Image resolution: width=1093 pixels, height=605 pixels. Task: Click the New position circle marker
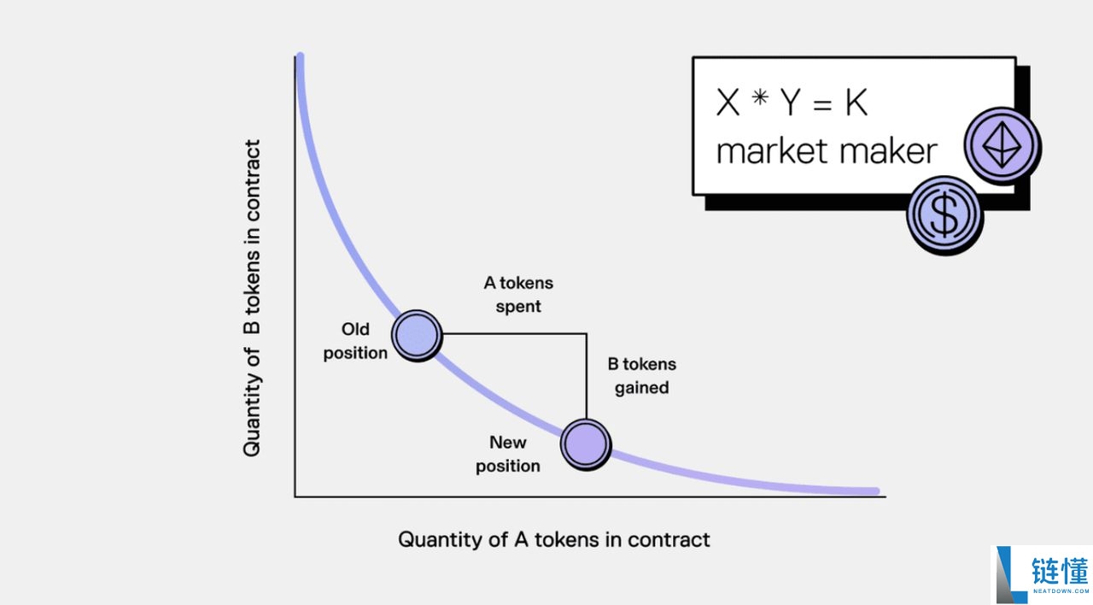click(586, 443)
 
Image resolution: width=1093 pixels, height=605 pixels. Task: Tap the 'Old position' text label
click(355, 341)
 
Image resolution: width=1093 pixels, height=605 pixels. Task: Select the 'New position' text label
click(508, 454)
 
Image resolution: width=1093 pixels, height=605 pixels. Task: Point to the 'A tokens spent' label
click(518, 294)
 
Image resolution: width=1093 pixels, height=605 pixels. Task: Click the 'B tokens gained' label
click(642, 376)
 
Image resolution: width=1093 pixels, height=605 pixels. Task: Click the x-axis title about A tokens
click(554, 540)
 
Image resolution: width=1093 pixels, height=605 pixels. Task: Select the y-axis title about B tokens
click(252, 298)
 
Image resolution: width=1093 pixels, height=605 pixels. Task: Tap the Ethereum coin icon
click(1002, 144)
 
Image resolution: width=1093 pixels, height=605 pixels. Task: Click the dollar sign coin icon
click(944, 215)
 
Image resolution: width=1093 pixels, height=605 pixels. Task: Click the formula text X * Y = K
click(792, 103)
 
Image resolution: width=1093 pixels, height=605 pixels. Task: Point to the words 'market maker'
click(827, 151)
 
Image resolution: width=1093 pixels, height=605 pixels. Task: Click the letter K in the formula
click(856, 103)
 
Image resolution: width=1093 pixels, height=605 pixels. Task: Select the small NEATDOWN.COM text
click(1060, 591)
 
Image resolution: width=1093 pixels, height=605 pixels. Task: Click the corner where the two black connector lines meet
click(587, 334)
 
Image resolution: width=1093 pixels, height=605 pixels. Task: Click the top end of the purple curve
click(300, 58)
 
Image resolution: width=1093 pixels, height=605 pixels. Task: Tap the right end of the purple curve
click(874, 491)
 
